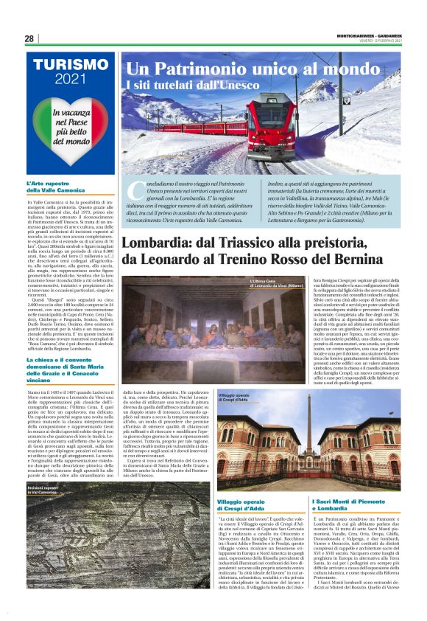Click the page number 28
[29, 39]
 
